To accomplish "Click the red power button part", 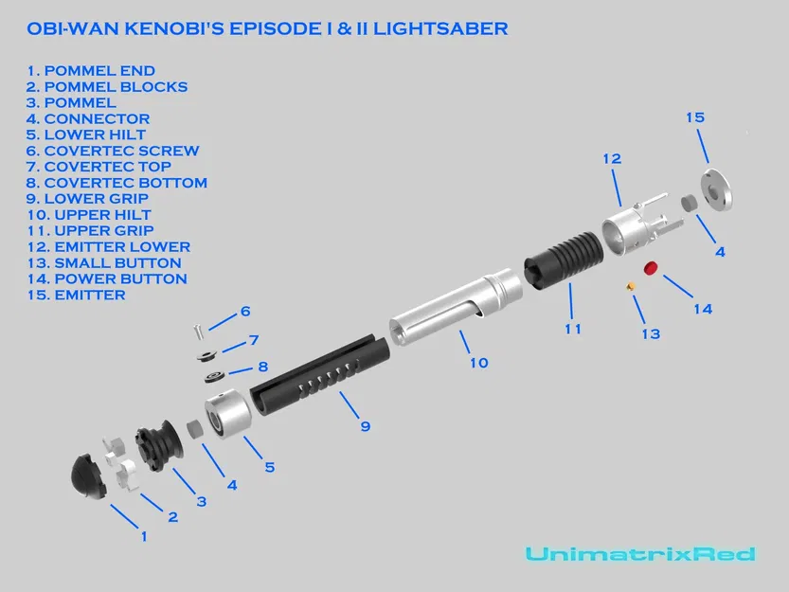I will coord(652,268).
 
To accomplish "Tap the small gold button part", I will coord(628,285).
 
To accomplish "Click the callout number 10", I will coord(479,362).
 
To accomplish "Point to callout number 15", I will coord(695,117).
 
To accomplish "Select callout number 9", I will coord(365,426).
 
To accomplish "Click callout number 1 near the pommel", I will coord(144,537).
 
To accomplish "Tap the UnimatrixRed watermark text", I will coord(640,554).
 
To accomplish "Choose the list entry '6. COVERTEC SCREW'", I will coord(113,151).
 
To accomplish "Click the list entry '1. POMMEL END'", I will coord(91,71).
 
